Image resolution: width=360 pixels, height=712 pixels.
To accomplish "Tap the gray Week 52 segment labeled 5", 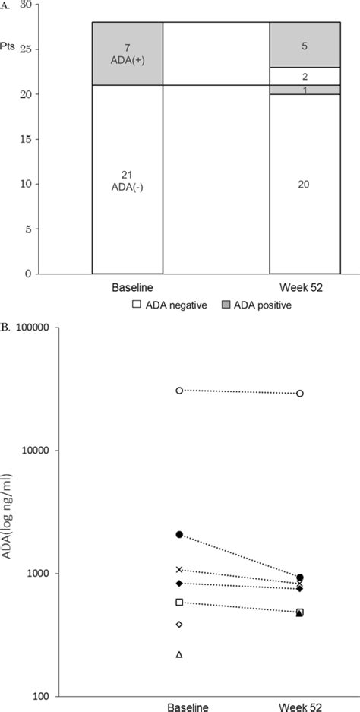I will (305, 45).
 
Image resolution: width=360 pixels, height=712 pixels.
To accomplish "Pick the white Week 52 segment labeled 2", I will (305, 77).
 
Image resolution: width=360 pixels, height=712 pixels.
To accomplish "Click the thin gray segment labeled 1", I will (305, 90).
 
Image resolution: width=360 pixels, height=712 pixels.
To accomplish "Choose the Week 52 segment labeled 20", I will (305, 183).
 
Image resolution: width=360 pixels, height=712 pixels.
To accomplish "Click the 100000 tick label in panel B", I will (49, 328).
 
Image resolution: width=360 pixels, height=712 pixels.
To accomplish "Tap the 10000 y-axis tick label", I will (52, 451).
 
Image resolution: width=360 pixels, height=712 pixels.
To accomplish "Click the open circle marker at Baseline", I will (179, 391).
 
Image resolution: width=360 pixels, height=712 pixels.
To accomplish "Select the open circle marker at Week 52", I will (300, 394).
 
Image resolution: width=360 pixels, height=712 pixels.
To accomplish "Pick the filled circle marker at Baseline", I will (179, 535).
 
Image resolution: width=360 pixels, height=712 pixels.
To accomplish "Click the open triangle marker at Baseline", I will (179, 654).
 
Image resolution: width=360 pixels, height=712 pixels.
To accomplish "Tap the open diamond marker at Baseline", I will (179, 625).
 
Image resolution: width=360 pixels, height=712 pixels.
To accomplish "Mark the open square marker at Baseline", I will (179, 603).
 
